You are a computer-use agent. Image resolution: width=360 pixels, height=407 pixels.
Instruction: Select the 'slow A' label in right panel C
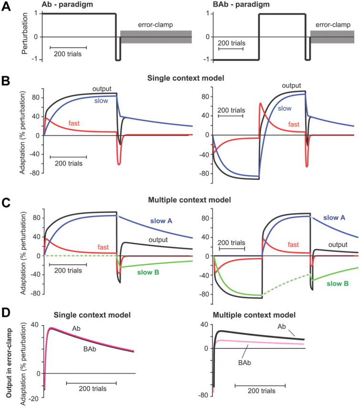click(x=337, y=218)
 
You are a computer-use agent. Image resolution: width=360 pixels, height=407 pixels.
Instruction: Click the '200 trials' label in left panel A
click(x=68, y=53)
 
